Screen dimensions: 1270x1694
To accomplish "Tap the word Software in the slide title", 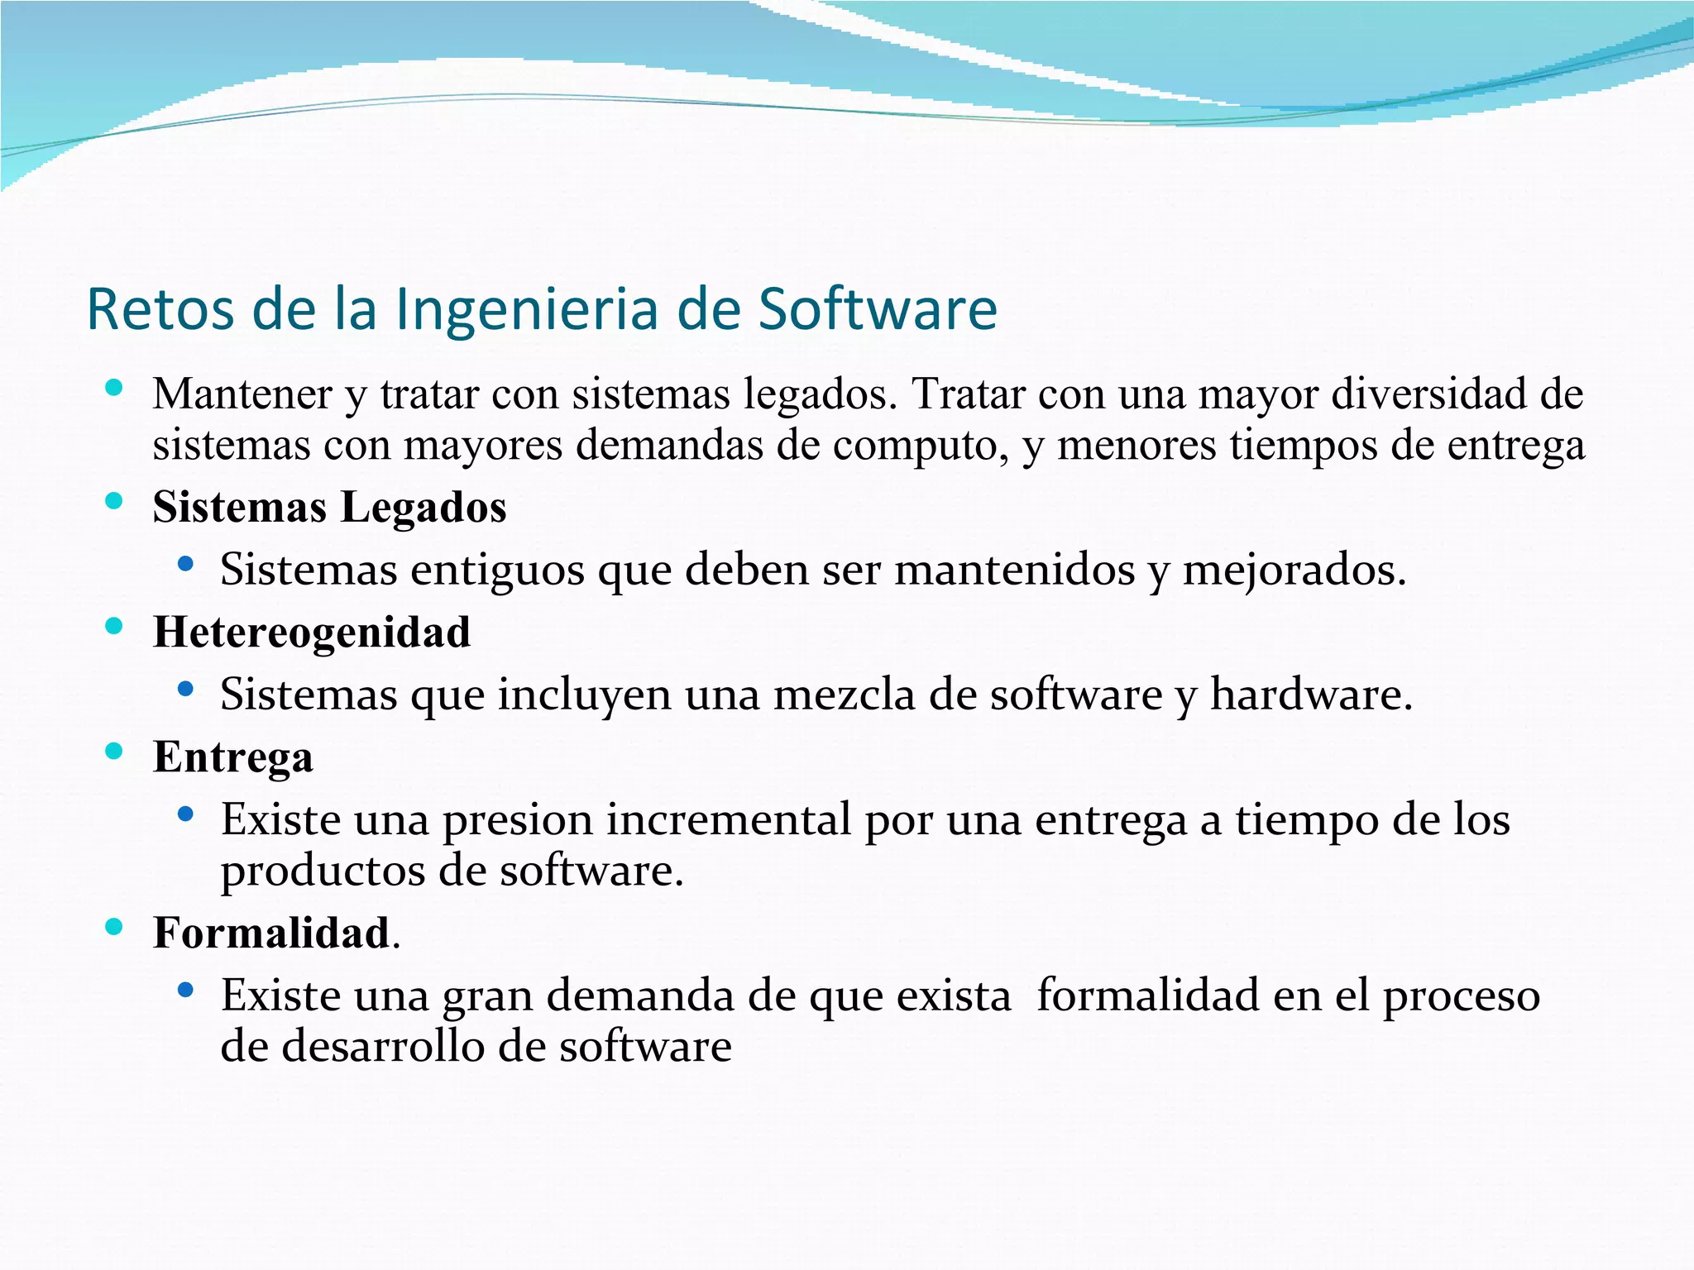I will click(x=878, y=309).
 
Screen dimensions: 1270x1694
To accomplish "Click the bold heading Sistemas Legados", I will click(x=329, y=507).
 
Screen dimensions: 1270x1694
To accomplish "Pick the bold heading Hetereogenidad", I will click(x=312, y=633).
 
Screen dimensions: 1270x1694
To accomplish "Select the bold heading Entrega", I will click(x=233, y=757).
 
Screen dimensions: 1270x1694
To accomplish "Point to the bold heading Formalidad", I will click(x=271, y=933).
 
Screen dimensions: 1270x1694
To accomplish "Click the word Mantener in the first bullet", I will click(x=242, y=394).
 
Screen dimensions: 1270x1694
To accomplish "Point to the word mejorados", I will click(x=1294, y=571).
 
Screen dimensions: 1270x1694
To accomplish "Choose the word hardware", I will click(x=1311, y=695).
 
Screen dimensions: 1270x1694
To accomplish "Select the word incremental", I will click(x=729, y=819).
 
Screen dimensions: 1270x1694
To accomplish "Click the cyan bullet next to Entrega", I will click(x=114, y=752).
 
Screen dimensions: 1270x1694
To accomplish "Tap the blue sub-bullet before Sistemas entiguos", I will click(x=185, y=565).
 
